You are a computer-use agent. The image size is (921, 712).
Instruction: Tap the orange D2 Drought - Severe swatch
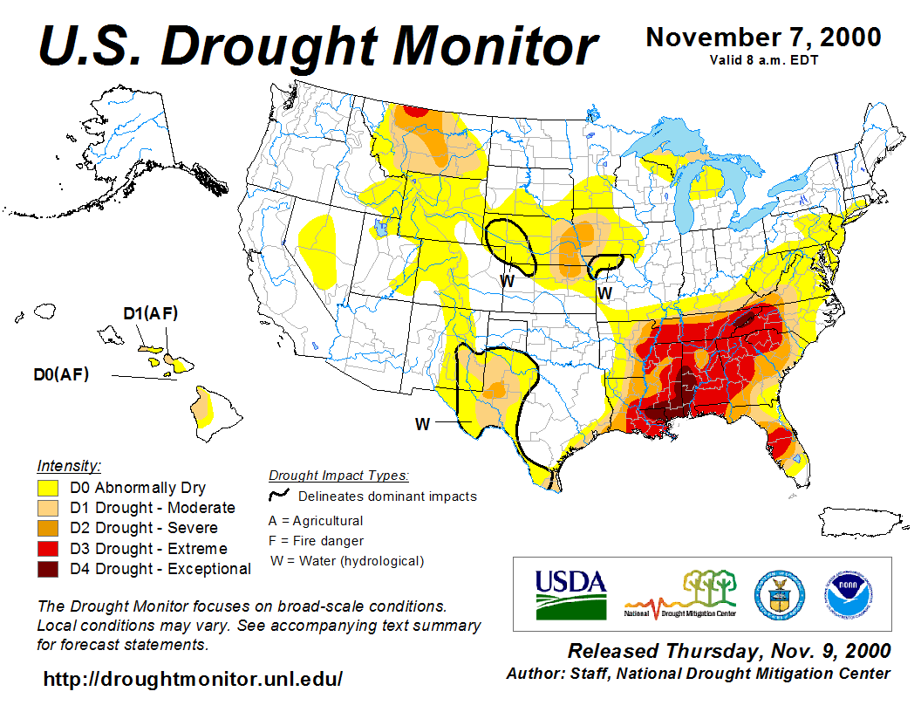coord(47,529)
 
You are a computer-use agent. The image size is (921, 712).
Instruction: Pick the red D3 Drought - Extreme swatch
coord(47,549)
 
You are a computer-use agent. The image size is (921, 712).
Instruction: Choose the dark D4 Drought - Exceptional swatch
coord(47,569)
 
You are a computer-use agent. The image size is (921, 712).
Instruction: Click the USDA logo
coord(570,593)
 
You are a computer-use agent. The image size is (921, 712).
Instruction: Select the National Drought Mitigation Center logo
coord(681,594)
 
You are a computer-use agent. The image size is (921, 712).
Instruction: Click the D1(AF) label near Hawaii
coord(150,313)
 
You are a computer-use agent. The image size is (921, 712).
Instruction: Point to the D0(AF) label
coord(61,374)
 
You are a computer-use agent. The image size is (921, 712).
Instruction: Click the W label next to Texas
coord(423,424)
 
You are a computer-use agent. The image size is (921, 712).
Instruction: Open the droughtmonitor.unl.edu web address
coord(193,678)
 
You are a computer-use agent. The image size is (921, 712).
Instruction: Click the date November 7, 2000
coord(763,38)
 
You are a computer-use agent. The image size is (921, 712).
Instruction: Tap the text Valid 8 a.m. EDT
coord(763,60)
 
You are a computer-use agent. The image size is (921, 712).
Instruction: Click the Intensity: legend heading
coord(70,465)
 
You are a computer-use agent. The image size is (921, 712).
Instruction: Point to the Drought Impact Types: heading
coord(338,476)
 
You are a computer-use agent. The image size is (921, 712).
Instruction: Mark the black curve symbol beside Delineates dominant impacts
coord(278,495)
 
